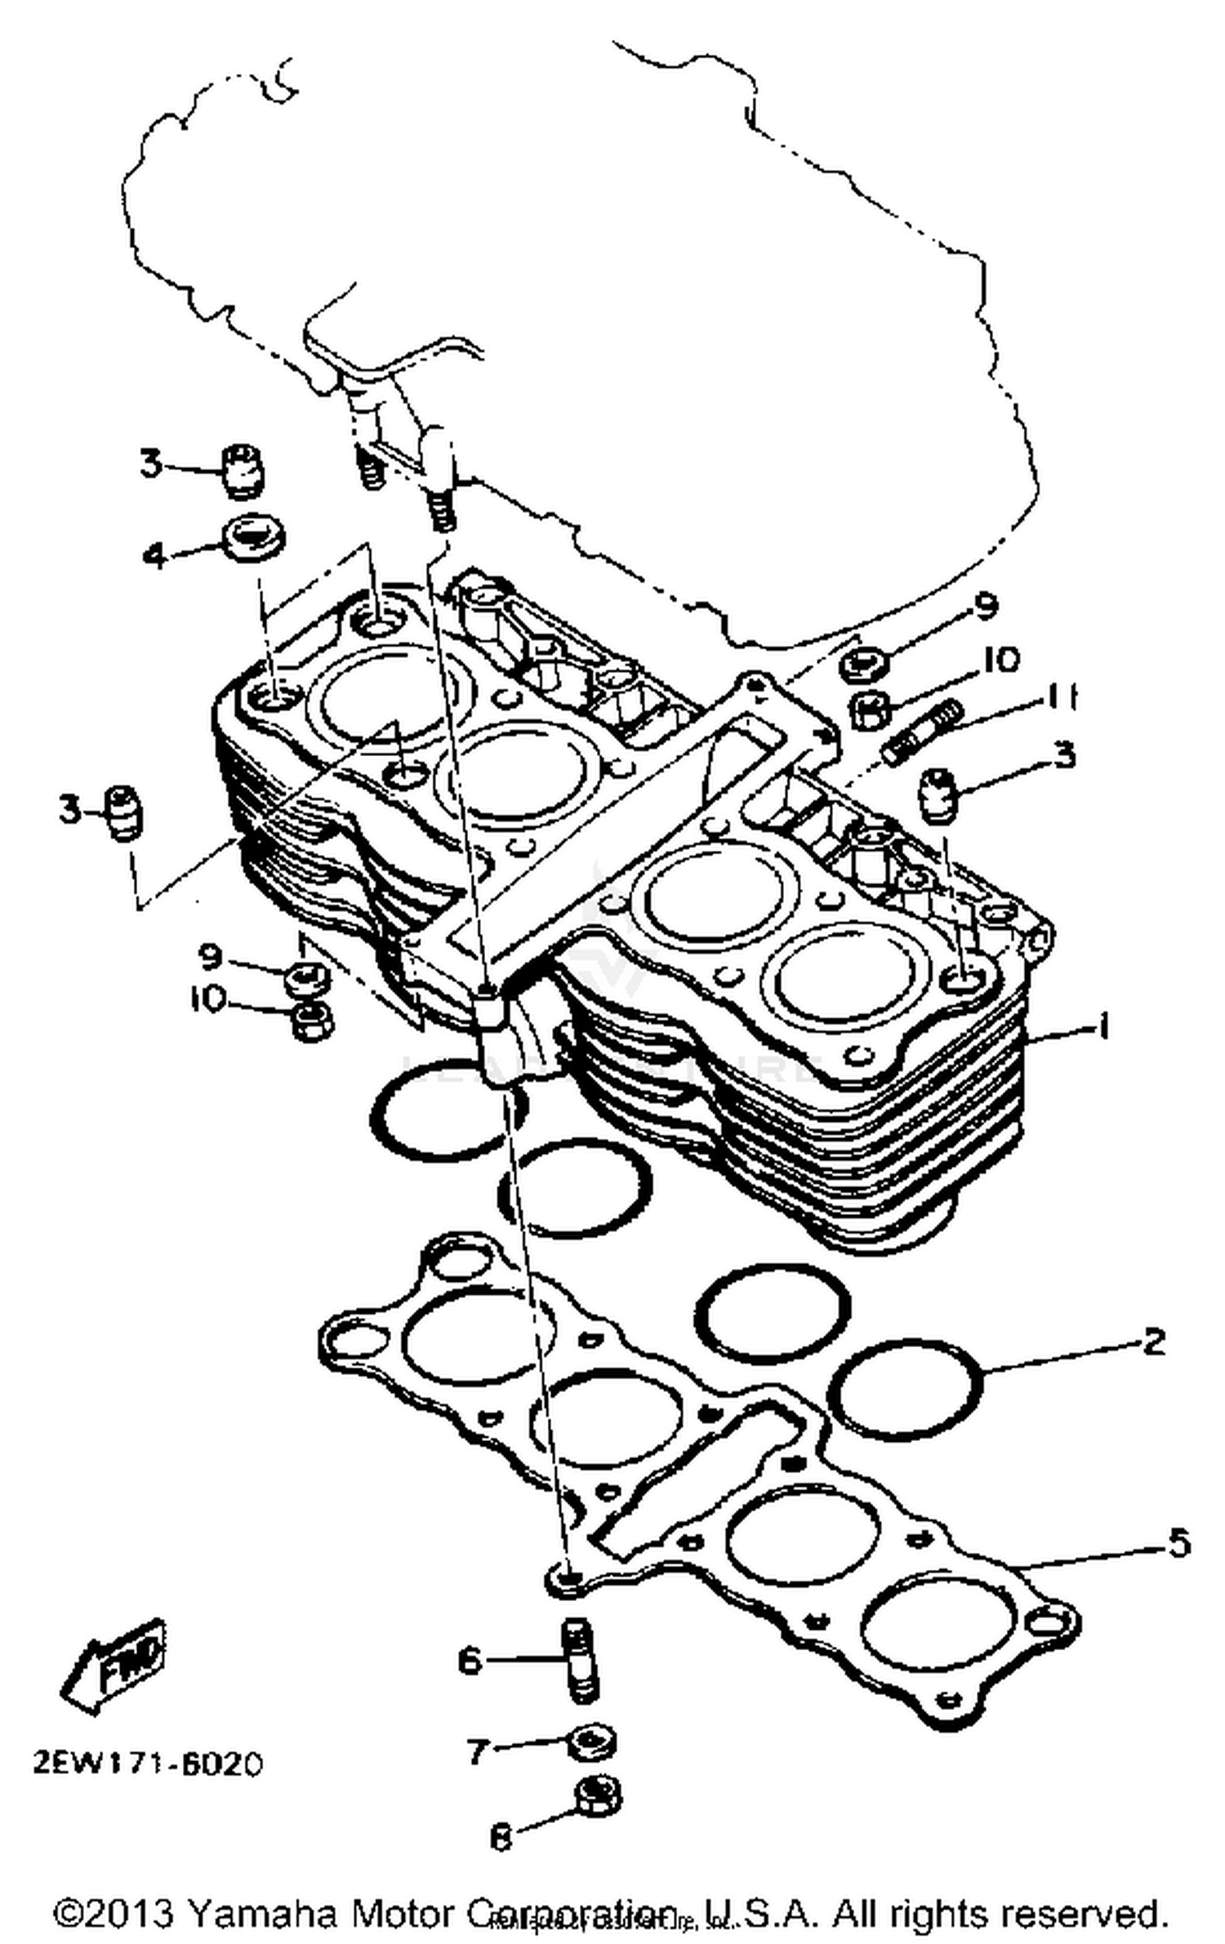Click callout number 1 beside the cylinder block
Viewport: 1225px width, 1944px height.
pyautogui.click(x=1102, y=1027)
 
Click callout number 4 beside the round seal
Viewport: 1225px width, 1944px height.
pyautogui.click(x=154, y=556)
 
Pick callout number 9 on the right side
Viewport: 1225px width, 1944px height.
pyautogui.click(x=986, y=606)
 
